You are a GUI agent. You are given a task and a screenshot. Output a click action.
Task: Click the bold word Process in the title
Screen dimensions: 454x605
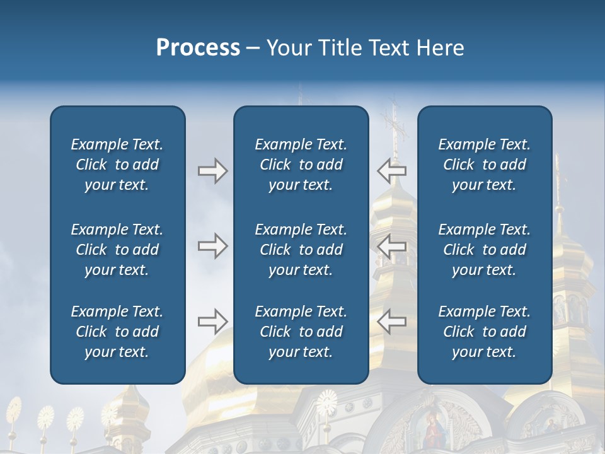[x=198, y=48]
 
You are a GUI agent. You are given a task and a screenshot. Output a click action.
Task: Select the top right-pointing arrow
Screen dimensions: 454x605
[x=212, y=171]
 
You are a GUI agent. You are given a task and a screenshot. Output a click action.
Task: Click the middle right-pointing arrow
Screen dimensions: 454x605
[x=212, y=246]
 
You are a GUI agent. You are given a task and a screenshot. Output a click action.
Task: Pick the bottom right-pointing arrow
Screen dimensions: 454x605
[x=212, y=322]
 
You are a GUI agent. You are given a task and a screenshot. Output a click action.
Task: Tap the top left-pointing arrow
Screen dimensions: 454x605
[x=392, y=171]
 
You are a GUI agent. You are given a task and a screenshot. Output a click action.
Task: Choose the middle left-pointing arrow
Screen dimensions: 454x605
[x=392, y=246]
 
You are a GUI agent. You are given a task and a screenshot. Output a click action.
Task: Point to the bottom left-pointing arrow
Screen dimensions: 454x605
[x=392, y=322]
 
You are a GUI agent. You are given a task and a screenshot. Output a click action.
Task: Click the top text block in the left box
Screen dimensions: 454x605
[x=117, y=165]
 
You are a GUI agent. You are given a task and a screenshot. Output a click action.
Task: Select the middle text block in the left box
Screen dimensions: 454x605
[x=117, y=250]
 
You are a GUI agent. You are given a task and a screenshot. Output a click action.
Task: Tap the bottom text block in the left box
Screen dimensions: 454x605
[x=117, y=332]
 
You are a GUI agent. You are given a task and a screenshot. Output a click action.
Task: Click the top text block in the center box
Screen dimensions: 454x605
[x=301, y=165]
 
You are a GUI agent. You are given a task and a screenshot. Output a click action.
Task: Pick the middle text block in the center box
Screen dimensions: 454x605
[x=301, y=250]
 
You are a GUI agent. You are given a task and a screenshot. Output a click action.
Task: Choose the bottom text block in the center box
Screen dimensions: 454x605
[x=301, y=332]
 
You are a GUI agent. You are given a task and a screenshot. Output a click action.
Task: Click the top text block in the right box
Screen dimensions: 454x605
[x=484, y=165]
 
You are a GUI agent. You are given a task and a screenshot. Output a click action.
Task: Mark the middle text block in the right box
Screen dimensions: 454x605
[x=484, y=250]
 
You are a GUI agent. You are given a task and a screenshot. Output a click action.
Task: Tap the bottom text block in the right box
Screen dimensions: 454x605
[x=484, y=332]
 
